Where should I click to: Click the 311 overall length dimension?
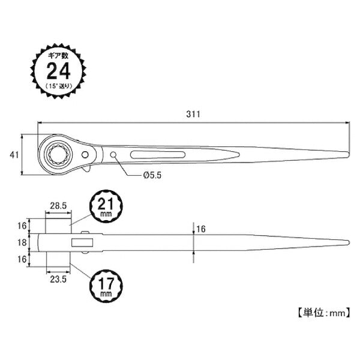pos(193,114)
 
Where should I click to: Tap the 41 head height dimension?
pos(14,155)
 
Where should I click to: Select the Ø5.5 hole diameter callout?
pos(152,175)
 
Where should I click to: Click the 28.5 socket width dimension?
pos(58,206)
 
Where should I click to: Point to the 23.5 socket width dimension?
pos(58,279)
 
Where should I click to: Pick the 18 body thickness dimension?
pos(22,242)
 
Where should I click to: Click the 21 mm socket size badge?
pos(106,206)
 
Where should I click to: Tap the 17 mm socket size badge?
pos(106,286)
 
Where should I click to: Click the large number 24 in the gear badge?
pos(58,71)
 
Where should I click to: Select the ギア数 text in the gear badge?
pos(58,56)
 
